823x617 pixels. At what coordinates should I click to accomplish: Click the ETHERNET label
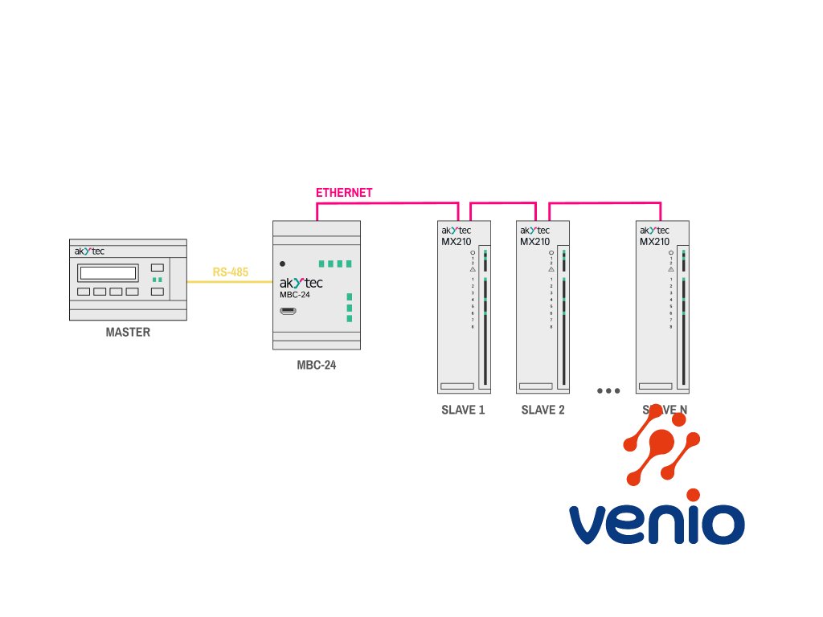tap(344, 193)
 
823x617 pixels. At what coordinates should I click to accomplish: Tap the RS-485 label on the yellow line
tap(231, 272)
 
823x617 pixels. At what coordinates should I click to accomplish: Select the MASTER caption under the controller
tap(128, 332)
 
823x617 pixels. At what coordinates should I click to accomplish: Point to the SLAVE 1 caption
tap(463, 410)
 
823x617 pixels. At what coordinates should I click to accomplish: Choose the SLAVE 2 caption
tap(543, 410)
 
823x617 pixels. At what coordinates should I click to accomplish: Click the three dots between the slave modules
tap(608, 391)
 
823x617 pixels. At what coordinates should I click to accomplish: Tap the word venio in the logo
tap(657, 524)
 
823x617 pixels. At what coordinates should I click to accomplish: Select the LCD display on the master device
tap(108, 272)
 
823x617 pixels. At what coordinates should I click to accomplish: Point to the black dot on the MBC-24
tap(282, 264)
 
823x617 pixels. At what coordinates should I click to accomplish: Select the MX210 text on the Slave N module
tap(654, 242)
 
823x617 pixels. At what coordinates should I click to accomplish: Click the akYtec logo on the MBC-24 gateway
tap(301, 284)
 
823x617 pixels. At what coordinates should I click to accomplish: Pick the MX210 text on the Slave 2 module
tap(534, 242)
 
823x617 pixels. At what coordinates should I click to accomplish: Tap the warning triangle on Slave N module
tap(670, 270)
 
